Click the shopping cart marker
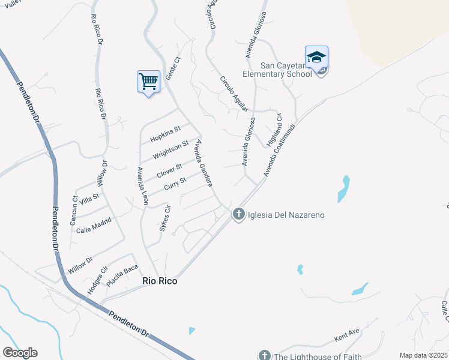(148, 81)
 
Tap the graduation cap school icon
(316, 58)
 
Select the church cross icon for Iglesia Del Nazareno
(238, 214)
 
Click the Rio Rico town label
(160, 280)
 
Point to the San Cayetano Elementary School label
(277, 70)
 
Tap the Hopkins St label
(166, 132)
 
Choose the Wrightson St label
(170, 148)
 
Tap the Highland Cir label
(275, 131)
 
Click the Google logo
(20, 353)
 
